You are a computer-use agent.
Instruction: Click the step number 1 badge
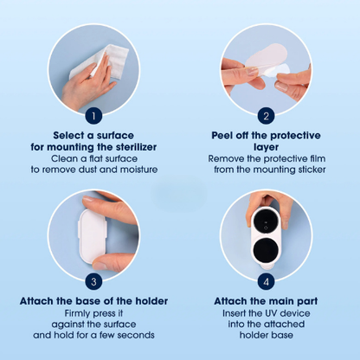(x=93, y=116)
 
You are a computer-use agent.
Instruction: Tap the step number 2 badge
(x=266, y=116)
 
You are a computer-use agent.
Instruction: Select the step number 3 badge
(x=93, y=281)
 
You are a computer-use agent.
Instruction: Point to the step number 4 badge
(x=266, y=281)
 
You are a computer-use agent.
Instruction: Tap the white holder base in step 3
(x=93, y=235)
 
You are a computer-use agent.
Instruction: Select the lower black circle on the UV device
(x=266, y=250)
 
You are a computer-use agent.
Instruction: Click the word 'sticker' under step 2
(x=312, y=170)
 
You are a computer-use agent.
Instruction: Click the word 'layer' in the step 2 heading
(x=267, y=147)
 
